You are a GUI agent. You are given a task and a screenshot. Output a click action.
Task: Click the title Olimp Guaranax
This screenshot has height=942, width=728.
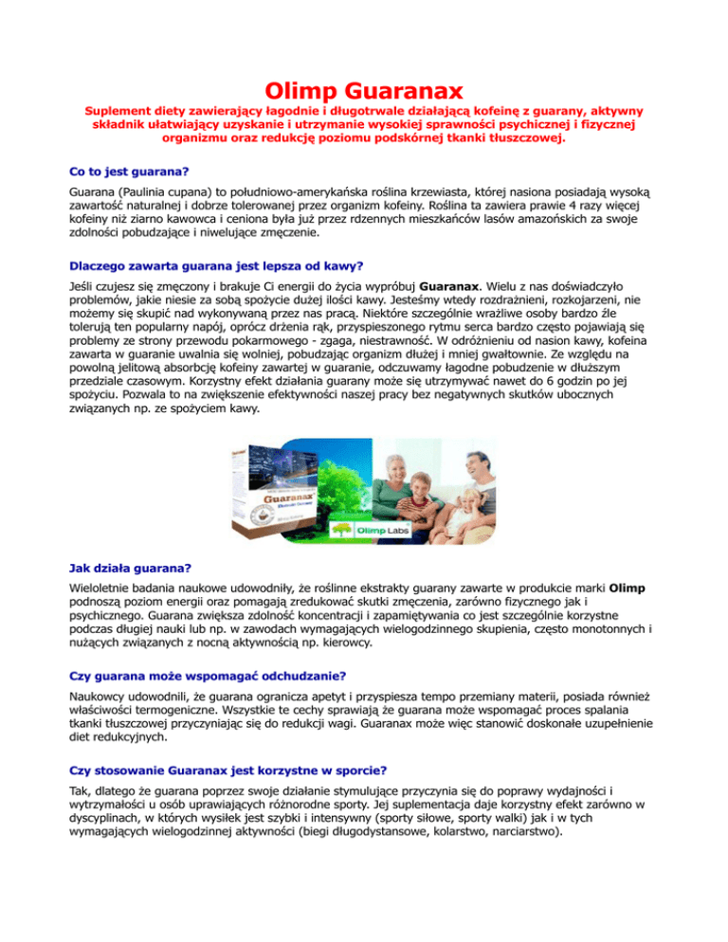click(x=363, y=92)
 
